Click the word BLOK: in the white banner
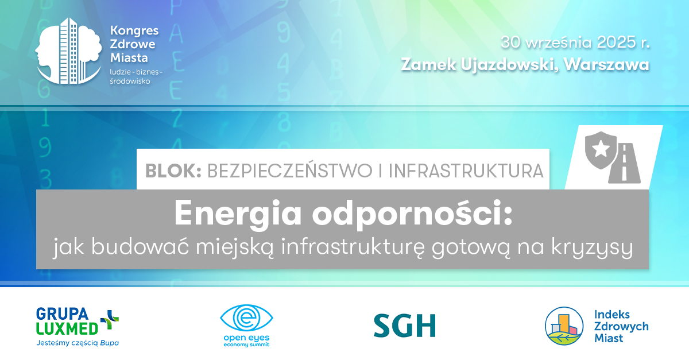[173, 170]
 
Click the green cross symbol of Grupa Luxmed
[109, 320]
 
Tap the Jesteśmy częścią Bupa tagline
[77, 343]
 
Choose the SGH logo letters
[404, 325]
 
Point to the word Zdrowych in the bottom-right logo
[621, 326]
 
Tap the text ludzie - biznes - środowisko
[136, 77]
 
